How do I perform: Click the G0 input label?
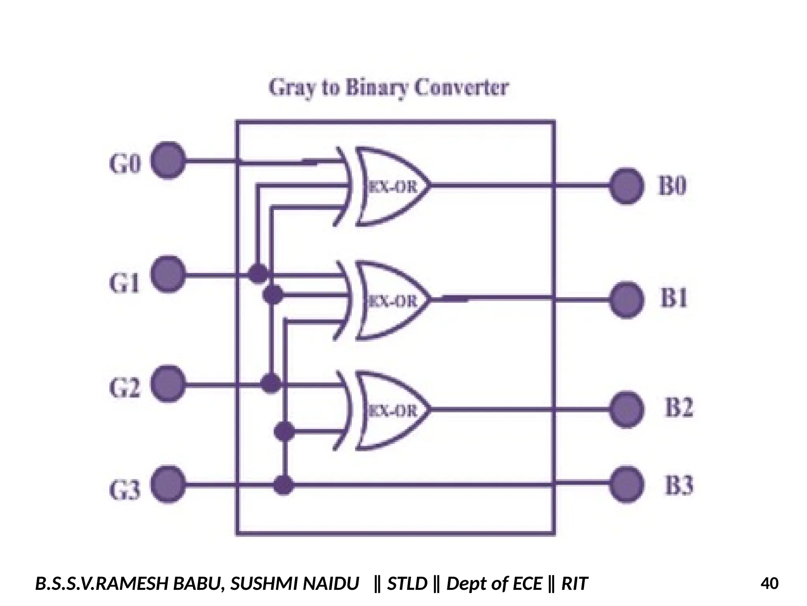125,164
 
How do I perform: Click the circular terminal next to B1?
626,300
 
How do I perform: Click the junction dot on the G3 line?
283,484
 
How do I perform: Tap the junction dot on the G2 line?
271,383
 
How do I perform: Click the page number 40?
769,583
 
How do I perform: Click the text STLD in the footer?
407,583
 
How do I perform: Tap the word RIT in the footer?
574,583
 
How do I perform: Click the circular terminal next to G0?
168,161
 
